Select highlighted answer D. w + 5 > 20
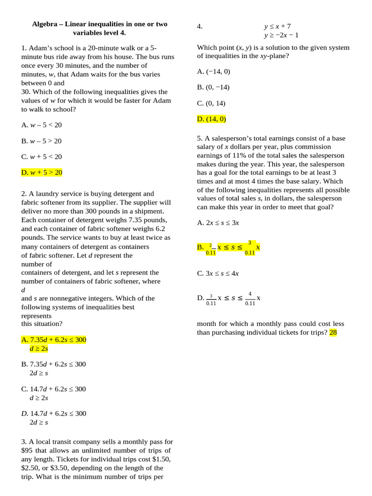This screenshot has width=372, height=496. coord(42,172)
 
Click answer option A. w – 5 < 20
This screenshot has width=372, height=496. coord(42,125)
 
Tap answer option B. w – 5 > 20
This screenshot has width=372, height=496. coord(42,141)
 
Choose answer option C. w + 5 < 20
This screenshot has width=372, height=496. coord(42,157)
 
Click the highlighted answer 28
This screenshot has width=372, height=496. coord(333,332)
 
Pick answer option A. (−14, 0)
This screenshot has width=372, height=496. coord(214,71)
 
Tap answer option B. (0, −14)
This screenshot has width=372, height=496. coord(213,87)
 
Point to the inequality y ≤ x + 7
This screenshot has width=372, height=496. coord(277,26)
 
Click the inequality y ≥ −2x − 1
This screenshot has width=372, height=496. coord(281,35)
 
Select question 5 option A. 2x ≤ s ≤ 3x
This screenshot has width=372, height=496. coord(218,223)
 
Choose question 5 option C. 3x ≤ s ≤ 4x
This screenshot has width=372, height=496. coord(218,273)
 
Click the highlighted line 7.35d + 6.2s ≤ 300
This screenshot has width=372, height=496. coord(54,340)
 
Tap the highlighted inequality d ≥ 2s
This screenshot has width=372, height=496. coord(39,348)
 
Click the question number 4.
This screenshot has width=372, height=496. coord(200,26)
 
